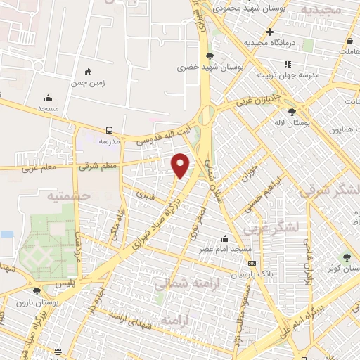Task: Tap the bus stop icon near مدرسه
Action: pyautogui.click(x=109, y=130)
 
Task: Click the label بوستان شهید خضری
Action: pyautogui.click(x=210, y=67)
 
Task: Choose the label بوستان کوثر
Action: pyautogui.click(x=339, y=268)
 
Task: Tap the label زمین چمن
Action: pyautogui.click(x=87, y=82)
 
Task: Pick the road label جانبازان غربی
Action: pyautogui.click(x=258, y=101)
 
